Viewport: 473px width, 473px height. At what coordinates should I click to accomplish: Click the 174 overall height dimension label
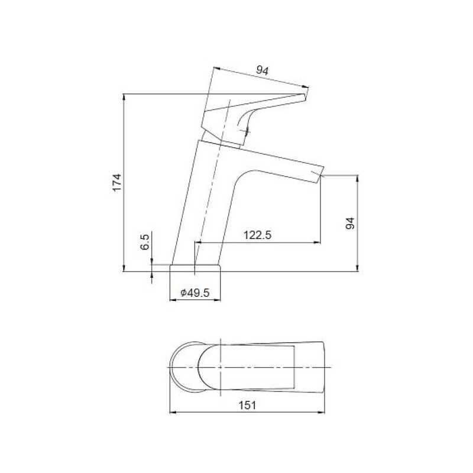[x=117, y=182]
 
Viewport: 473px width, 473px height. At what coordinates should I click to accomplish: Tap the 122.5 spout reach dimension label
[x=257, y=235]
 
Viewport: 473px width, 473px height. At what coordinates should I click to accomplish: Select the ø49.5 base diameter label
[x=195, y=293]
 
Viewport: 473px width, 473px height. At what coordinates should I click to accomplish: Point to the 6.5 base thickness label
[x=145, y=242]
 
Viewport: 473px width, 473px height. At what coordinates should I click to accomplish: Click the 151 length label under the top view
[x=247, y=405]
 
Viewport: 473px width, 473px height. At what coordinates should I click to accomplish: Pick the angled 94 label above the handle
[x=262, y=70]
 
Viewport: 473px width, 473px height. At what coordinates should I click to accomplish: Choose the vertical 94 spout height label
[x=350, y=223]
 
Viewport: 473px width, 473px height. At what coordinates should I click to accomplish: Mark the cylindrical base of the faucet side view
[x=195, y=268]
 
